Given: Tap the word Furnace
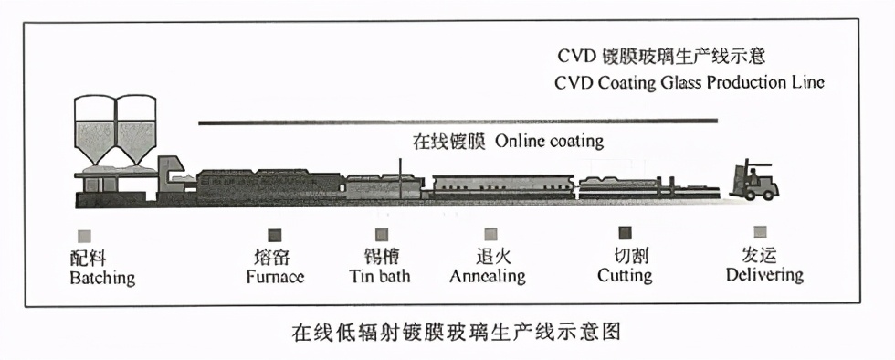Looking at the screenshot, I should (275, 276).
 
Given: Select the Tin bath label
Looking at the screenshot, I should (380, 276).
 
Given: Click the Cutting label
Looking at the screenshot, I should (625, 276).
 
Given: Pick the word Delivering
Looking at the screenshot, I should (763, 275).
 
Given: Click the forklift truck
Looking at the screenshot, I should (755, 180).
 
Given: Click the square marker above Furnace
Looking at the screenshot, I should (275, 235).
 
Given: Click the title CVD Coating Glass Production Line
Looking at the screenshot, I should (690, 82).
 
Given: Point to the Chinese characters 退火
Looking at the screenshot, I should (487, 257).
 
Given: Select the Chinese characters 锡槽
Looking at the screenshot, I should (380, 256).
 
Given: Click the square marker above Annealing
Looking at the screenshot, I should (491, 234).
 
